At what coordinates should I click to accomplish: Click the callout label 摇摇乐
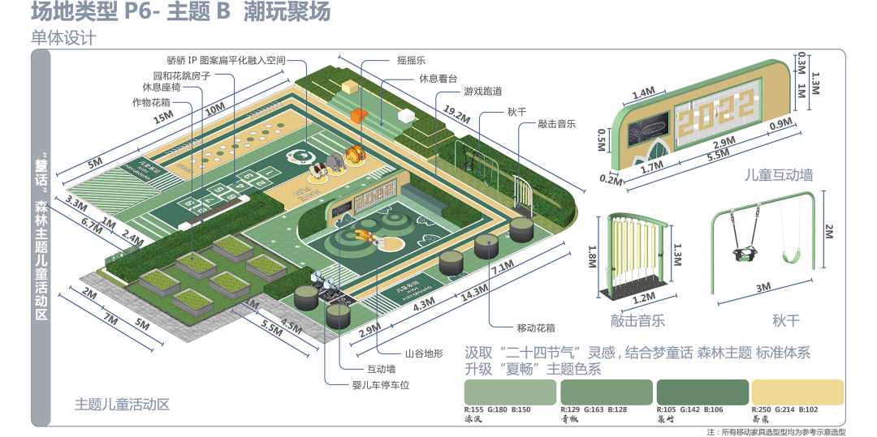click(x=412, y=60)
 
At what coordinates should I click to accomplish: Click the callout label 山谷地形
click(x=425, y=353)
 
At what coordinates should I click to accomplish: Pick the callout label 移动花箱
click(x=536, y=328)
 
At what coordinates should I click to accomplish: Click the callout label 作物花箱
click(x=151, y=102)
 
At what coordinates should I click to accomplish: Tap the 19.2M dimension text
click(x=457, y=118)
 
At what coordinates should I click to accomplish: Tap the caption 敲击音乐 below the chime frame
click(x=637, y=321)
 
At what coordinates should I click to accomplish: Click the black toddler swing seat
click(x=742, y=254)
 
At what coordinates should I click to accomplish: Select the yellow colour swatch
click(x=797, y=392)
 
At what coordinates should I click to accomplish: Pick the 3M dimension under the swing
click(x=763, y=287)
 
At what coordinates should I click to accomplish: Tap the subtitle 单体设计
click(x=63, y=37)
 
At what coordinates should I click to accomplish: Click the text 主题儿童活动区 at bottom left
click(x=122, y=405)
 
